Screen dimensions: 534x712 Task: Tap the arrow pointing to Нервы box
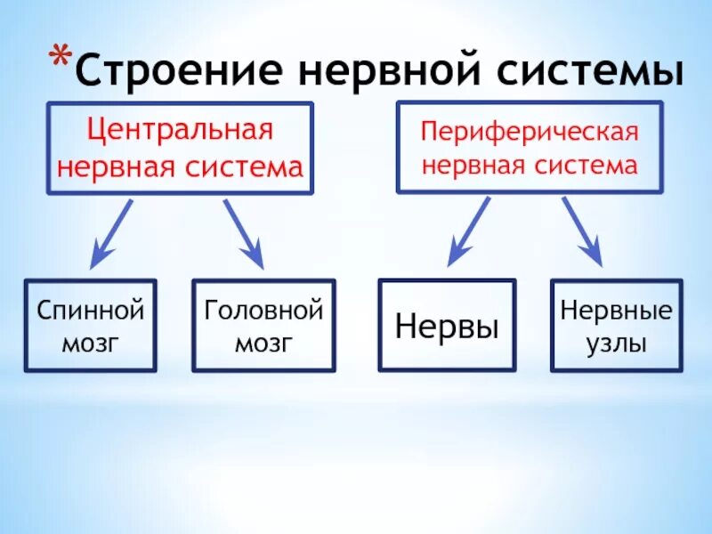click(x=468, y=231)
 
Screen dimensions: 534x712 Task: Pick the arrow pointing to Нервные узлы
click(x=582, y=231)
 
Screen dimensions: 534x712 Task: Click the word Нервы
click(x=447, y=326)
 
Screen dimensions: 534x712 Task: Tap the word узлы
click(x=616, y=343)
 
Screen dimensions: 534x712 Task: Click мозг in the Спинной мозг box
click(x=90, y=344)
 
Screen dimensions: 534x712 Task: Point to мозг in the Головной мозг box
click(x=263, y=344)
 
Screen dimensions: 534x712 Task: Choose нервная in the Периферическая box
click(x=473, y=166)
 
